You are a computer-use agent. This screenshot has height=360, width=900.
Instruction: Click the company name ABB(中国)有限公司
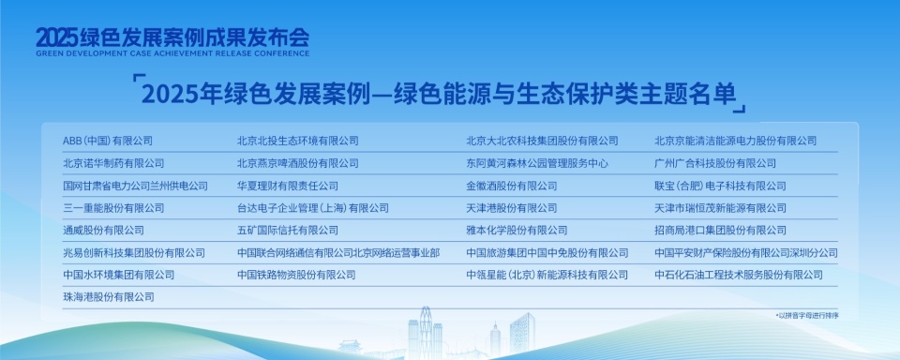(x=107, y=141)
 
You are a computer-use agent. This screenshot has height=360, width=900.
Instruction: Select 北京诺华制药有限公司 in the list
(x=112, y=163)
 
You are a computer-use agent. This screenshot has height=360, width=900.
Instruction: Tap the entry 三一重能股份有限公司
(x=112, y=208)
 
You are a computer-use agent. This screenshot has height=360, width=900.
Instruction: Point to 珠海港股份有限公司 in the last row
(x=108, y=297)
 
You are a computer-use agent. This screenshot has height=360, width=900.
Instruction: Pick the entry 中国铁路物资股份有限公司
(x=296, y=275)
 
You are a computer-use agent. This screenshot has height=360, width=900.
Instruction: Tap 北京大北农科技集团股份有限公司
(x=542, y=141)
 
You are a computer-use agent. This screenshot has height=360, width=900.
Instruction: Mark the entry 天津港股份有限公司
(x=511, y=208)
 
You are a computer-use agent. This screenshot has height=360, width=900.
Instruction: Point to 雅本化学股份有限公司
(x=517, y=231)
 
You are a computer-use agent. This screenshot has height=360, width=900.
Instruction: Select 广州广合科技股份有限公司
(x=715, y=163)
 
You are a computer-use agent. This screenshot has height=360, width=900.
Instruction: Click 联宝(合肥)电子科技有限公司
(x=720, y=186)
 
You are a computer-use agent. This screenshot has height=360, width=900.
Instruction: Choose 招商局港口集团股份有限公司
(x=720, y=231)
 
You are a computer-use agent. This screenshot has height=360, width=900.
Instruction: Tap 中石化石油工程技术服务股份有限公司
(x=738, y=275)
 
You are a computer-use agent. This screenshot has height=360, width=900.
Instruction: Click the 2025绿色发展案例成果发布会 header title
(x=172, y=37)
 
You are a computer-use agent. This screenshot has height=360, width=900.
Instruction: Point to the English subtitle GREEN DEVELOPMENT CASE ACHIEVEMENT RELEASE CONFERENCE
(x=172, y=53)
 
